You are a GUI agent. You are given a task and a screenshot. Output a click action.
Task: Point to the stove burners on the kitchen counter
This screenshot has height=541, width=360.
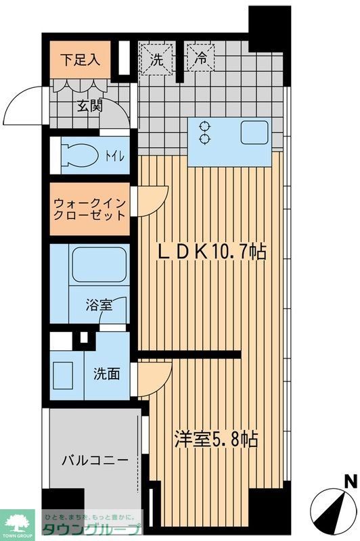click(203, 132)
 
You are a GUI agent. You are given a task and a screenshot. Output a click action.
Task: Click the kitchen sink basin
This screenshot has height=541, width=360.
click(256, 132)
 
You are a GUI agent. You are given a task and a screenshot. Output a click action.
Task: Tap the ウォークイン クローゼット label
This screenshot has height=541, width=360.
click(89, 208)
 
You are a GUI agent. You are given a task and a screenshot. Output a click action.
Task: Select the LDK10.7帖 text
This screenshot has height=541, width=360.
click(211, 252)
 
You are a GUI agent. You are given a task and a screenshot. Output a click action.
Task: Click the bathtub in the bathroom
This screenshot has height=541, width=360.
click(99, 265)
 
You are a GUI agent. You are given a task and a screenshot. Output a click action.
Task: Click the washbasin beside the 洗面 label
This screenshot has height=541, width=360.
click(66, 374)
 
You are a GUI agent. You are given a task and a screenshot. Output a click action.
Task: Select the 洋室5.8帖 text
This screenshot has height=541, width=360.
click(215, 440)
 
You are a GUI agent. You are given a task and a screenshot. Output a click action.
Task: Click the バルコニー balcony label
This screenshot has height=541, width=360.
click(95, 461)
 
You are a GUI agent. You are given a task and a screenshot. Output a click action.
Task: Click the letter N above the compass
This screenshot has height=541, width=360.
click(350, 481)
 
